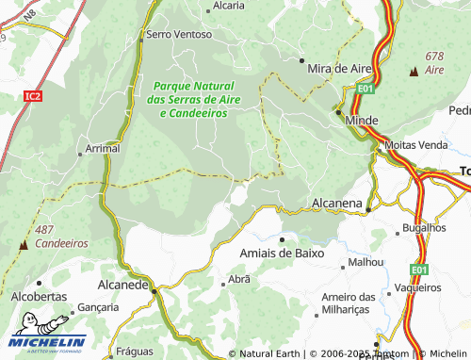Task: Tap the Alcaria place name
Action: [x=229, y=5]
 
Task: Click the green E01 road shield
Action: [x=366, y=90]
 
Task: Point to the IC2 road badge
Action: [x=34, y=95]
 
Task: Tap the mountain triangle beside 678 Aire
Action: [x=414, y=71]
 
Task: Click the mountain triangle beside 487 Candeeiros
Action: [x=23, y=243]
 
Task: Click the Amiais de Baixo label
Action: [x=282, y=254]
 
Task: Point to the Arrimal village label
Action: [x=103, y=149]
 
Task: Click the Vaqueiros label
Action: [x=418, y=286]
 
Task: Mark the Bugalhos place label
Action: [x=423, y=228]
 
